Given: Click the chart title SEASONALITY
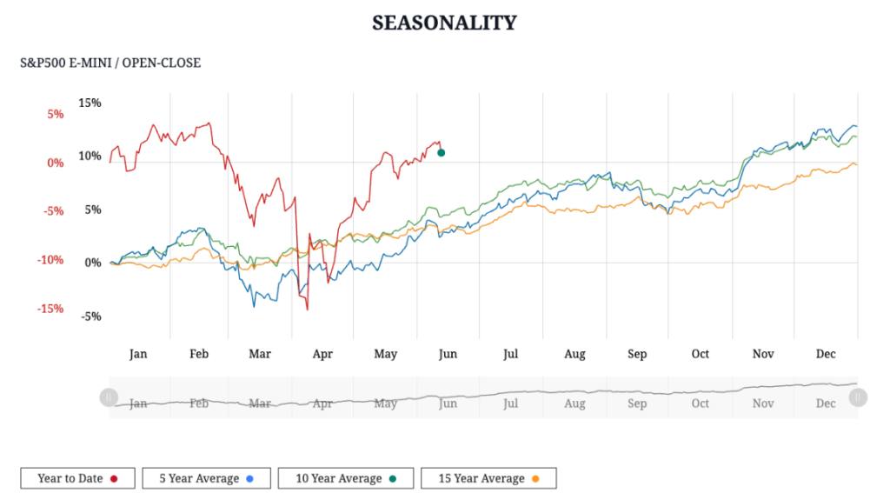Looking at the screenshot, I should (x=444, y=23).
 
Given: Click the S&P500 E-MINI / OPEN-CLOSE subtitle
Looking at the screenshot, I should (x=110, y=63).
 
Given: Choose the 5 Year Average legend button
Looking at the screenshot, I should (x=206, y=478).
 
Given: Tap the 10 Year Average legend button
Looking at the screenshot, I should (x=346, y=478).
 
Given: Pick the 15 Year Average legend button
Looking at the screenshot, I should (x=488, y=478).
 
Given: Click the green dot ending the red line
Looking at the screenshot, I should (x=442, y=153).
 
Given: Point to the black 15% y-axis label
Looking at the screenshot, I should (x=90, y=103).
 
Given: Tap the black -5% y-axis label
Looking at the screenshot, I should (x=92, y=316).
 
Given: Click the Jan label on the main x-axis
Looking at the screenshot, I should (x=138, y=354).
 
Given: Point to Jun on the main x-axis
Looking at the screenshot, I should (x=448, y=354).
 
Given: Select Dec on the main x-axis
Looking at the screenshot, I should (x=826, y=354).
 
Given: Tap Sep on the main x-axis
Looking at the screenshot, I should (x=637, y=354).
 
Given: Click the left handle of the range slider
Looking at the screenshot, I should (x=109, y=397).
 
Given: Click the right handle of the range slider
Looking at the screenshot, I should (x=858, y=397).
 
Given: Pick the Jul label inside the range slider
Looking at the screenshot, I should (x=510, y=403).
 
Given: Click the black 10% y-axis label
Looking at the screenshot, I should (x=90, y=157).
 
